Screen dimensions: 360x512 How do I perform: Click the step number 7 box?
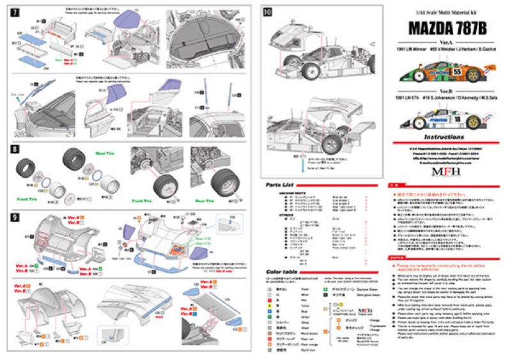pyautogui.click(x=15, y=13)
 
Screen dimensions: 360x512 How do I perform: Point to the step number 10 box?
pyautogui.click(x=268, y=12)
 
